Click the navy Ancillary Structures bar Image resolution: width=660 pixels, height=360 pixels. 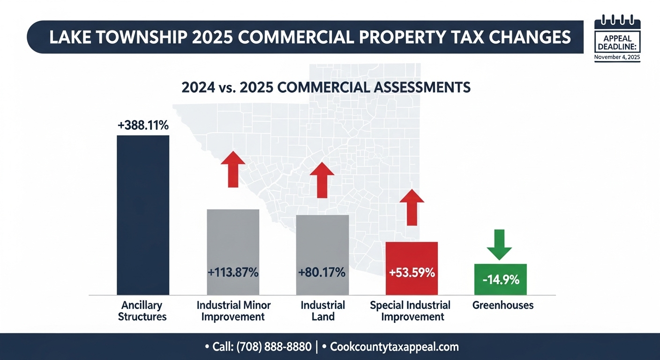[142, 215]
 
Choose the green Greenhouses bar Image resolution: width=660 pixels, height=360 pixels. [501, 279]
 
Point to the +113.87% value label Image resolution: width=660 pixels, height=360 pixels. [233, 272]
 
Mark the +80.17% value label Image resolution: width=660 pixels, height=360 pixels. [322, 272]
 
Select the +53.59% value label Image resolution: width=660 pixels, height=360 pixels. [412, 272]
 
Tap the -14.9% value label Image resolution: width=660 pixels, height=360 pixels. [501, 280]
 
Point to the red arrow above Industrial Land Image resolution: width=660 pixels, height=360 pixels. [322, 180]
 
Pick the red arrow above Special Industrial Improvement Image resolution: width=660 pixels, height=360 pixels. [412, 207]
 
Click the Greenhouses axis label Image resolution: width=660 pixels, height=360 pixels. [503, 306]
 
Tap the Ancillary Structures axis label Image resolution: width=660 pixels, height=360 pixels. [142, 311]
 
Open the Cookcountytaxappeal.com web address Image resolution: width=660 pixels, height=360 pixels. [394, 347]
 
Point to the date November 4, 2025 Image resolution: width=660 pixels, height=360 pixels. [616, 57]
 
